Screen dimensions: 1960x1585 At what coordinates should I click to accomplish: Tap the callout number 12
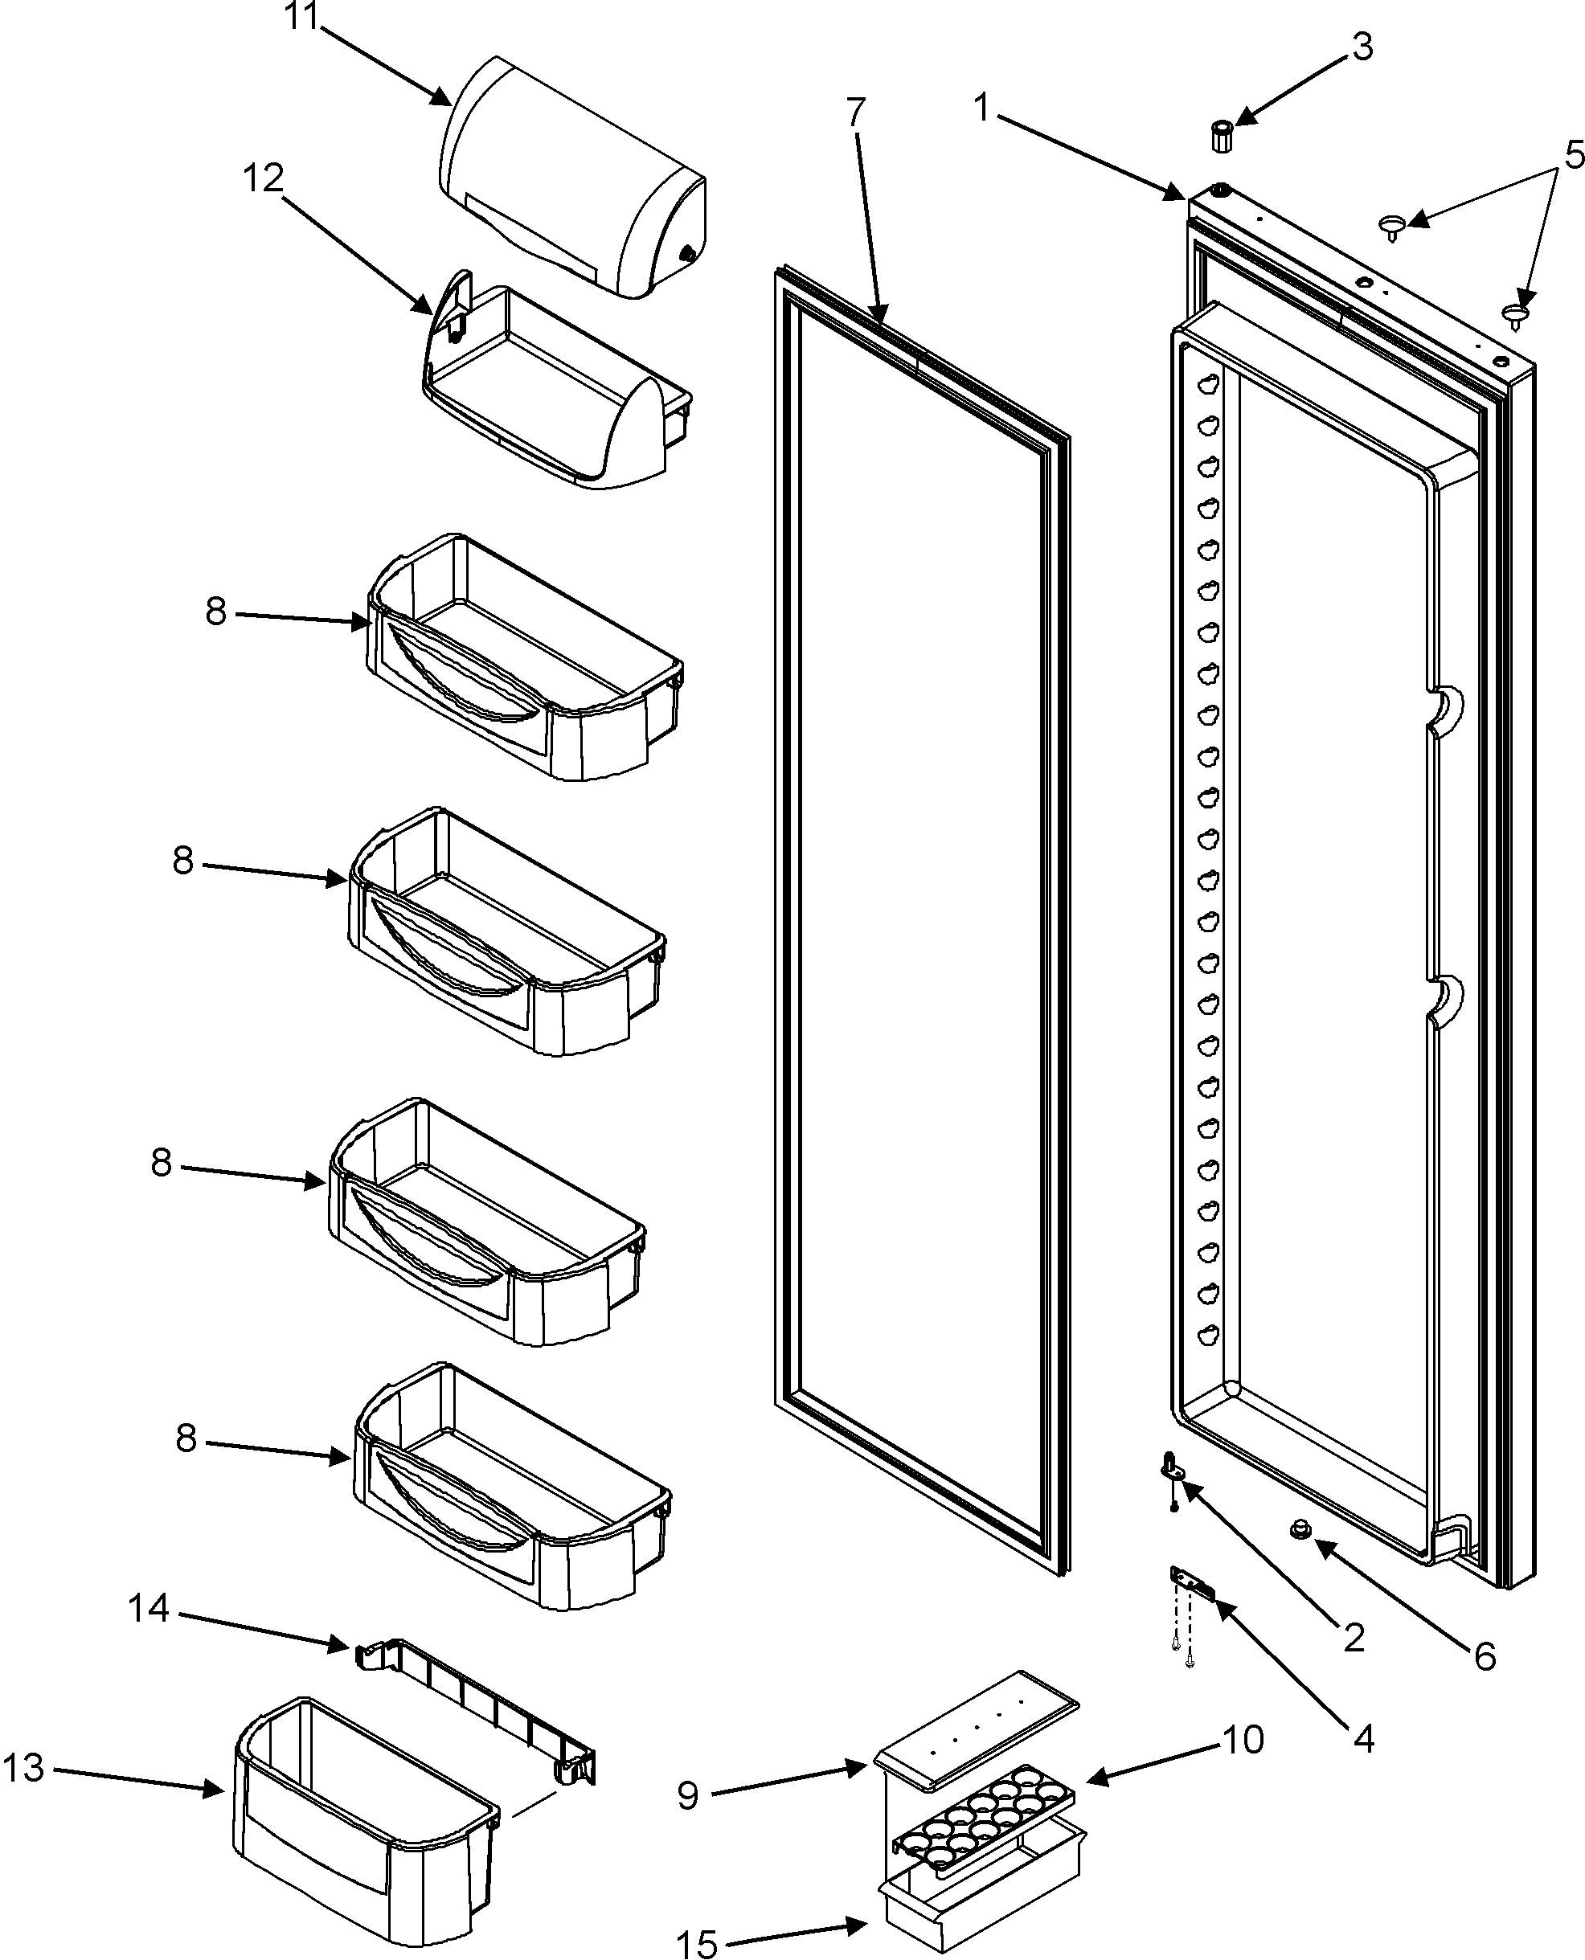[x=262, y=179]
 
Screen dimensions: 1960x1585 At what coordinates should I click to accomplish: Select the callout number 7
[x=854, y=113]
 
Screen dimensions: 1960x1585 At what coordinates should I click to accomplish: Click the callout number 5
[x=1573, y=155]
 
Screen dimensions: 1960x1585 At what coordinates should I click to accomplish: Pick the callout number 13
[x=24, y=1768]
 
